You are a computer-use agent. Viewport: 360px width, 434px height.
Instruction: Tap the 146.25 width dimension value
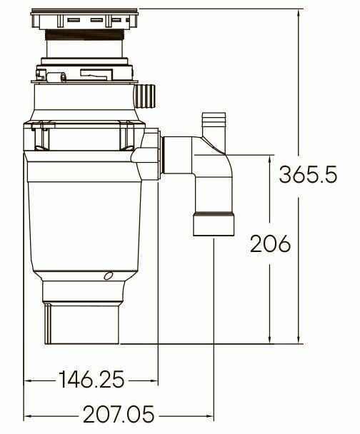pos(91,379)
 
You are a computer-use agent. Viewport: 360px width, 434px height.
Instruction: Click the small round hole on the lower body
pos(108,276)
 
